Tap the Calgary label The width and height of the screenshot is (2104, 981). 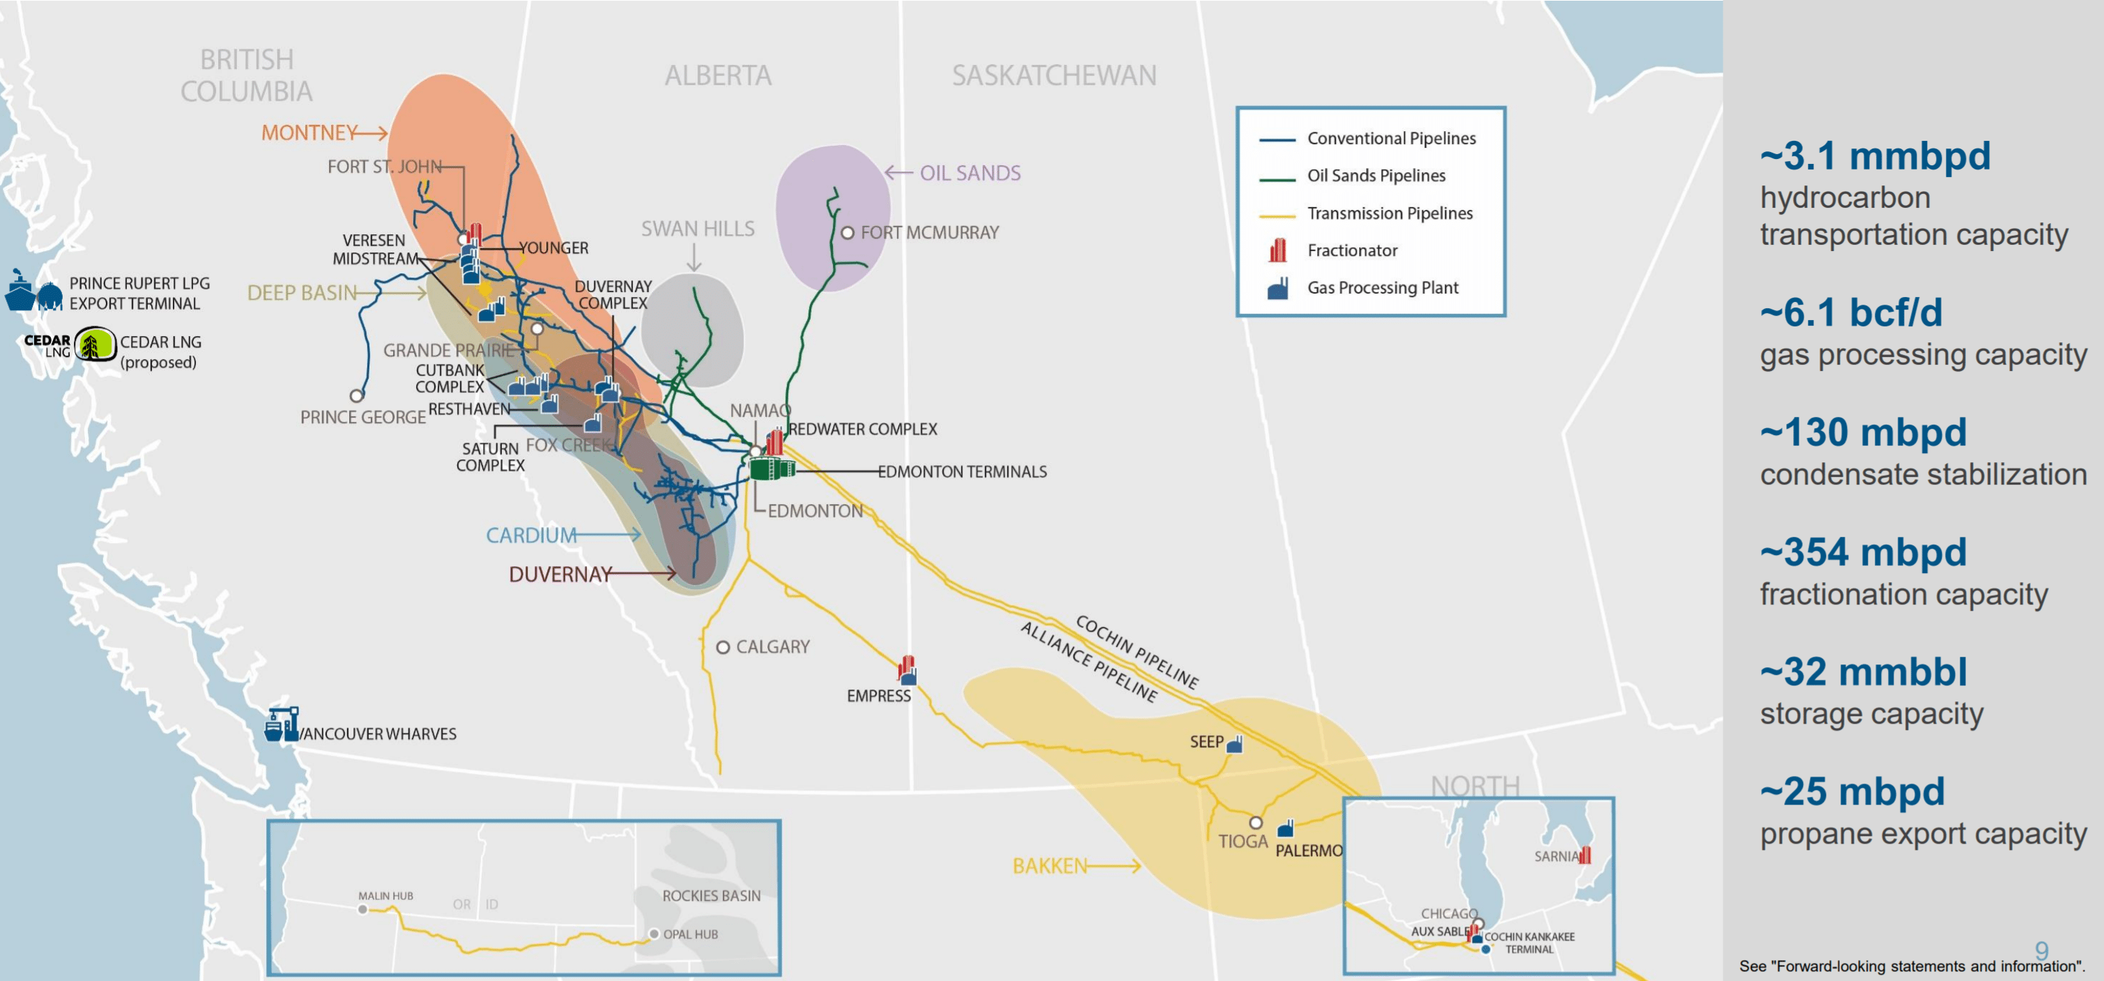pos(772,647)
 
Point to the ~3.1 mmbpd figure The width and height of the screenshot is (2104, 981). pos(1875,156)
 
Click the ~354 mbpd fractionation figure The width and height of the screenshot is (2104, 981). pos(1862,553)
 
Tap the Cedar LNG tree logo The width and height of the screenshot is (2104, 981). pos(95,344)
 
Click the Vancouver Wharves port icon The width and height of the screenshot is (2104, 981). pos(282,724)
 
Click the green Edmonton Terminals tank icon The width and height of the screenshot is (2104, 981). pos(771,469)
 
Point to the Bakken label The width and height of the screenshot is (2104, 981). pos(1050,866)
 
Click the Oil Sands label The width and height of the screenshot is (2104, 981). pos(969,173)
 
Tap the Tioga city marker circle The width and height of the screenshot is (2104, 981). pos(1255,823)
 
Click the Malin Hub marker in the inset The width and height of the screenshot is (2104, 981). pos(362,909)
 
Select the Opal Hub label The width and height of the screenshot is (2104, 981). pos(690,934)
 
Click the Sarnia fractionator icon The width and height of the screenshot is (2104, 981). pos(1585,855)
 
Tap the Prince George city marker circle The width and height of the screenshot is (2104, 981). pos(356,396)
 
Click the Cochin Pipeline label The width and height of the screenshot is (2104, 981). pos(1136,652)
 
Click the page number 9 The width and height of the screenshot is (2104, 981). pos(2041,950)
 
